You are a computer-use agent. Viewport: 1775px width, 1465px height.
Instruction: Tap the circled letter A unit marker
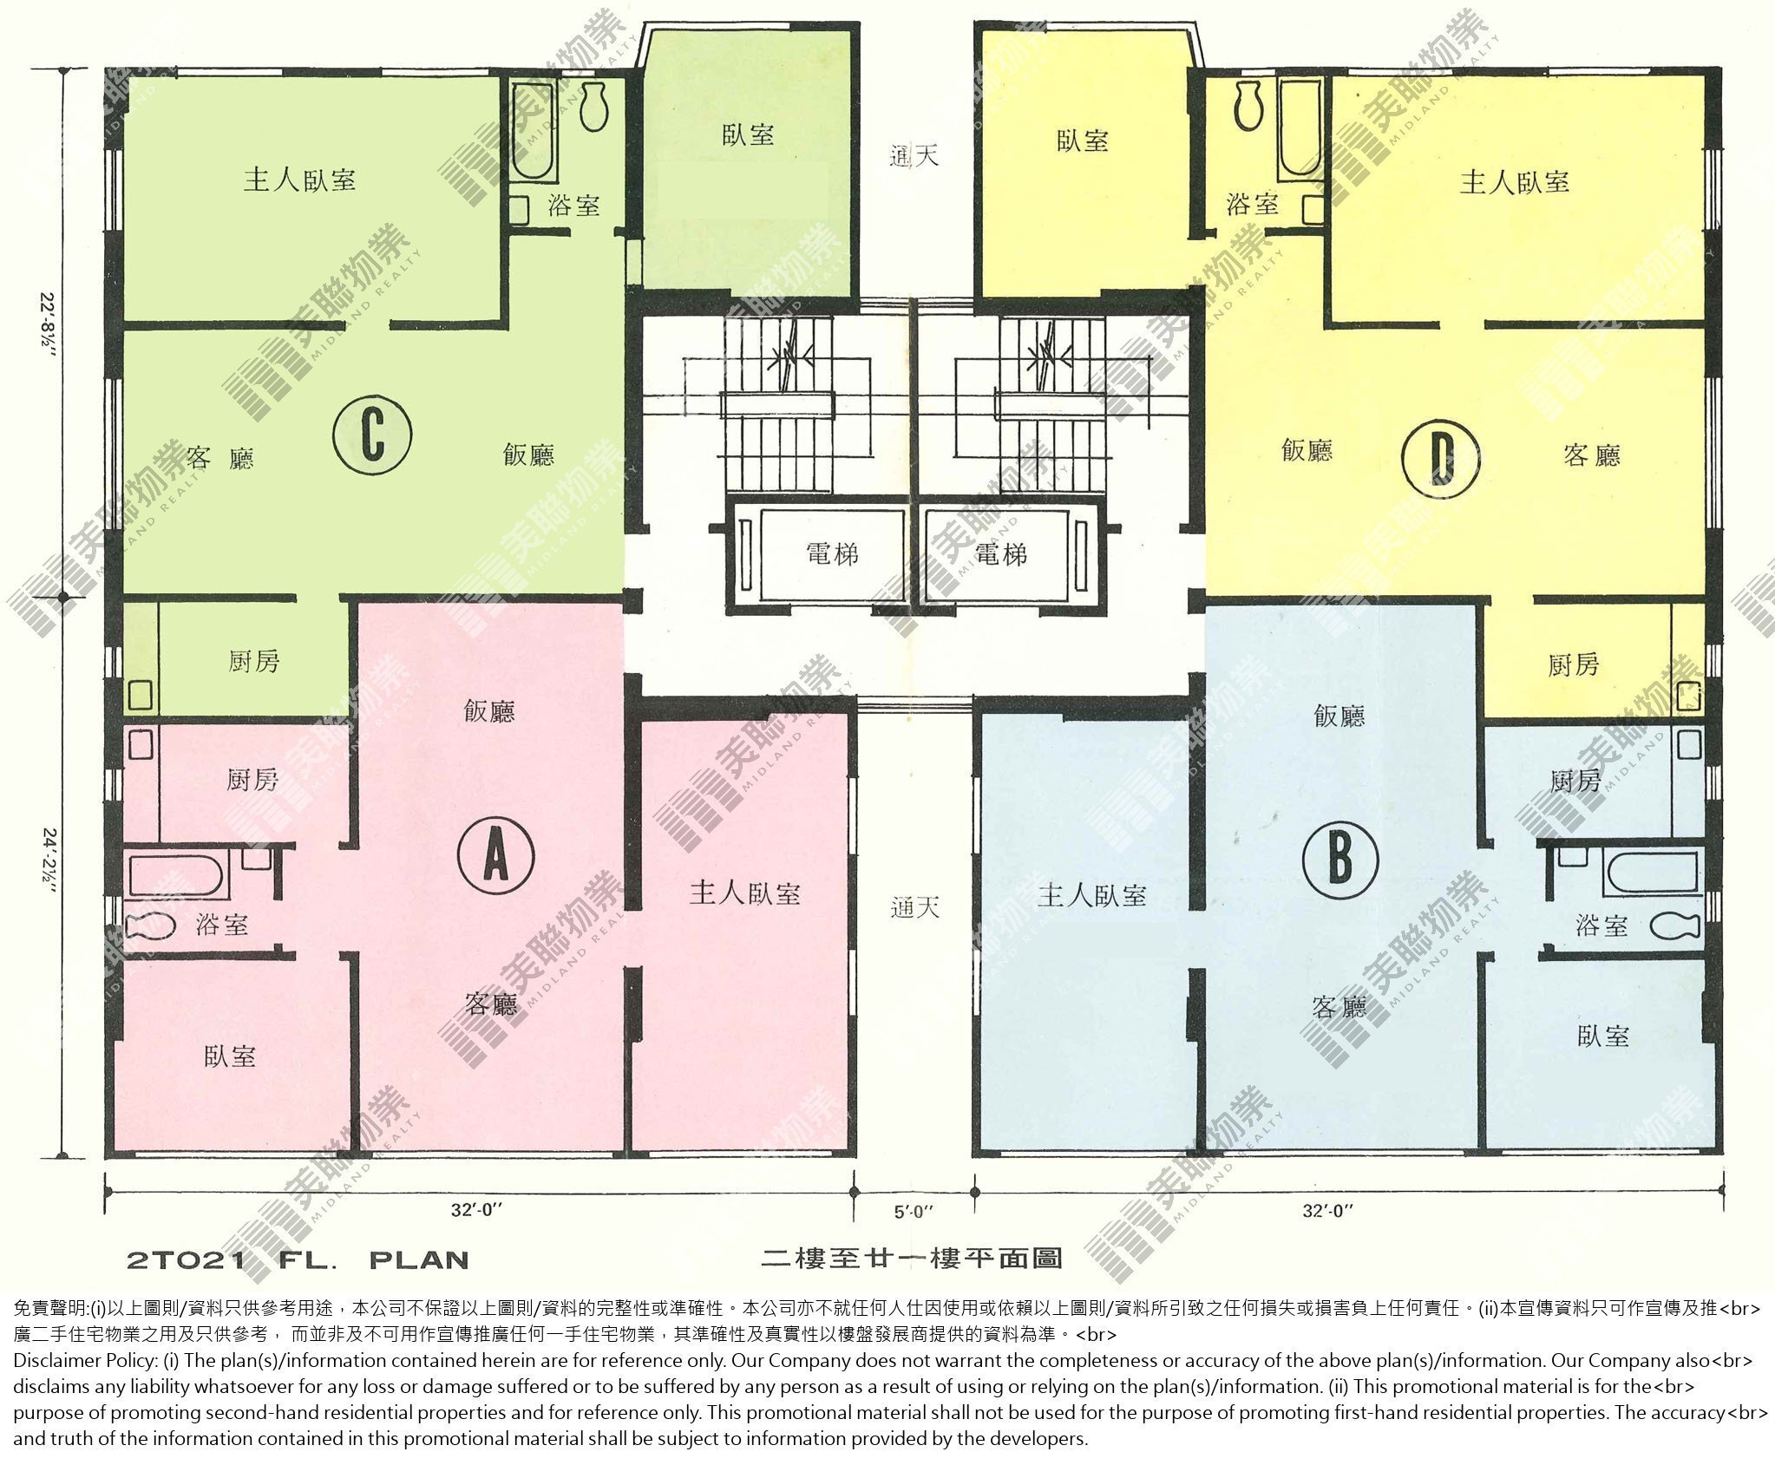click(495, 856)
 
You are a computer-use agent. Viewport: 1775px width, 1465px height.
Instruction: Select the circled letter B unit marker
click(1340, 858)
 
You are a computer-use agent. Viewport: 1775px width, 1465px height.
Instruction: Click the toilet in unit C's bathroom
click(593, 107)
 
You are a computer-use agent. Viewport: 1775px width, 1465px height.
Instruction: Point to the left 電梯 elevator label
click(832, 553)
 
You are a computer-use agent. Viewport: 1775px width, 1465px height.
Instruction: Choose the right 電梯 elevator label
click(1001, 553)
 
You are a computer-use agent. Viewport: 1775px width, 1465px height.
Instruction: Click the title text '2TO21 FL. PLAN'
click(298, 1259)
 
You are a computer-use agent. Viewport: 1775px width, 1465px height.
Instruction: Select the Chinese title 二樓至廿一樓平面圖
click(911, 1258)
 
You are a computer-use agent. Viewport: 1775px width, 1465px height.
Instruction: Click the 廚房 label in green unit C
click(254, 661)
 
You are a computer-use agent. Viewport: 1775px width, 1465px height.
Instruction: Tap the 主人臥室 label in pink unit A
click(745, 893)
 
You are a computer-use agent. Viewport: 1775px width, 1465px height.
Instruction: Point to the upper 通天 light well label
click(914, 156)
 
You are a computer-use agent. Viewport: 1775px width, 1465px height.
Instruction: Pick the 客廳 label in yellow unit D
click(1592, 455)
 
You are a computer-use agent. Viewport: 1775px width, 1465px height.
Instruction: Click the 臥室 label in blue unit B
click(1603, 1036)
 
